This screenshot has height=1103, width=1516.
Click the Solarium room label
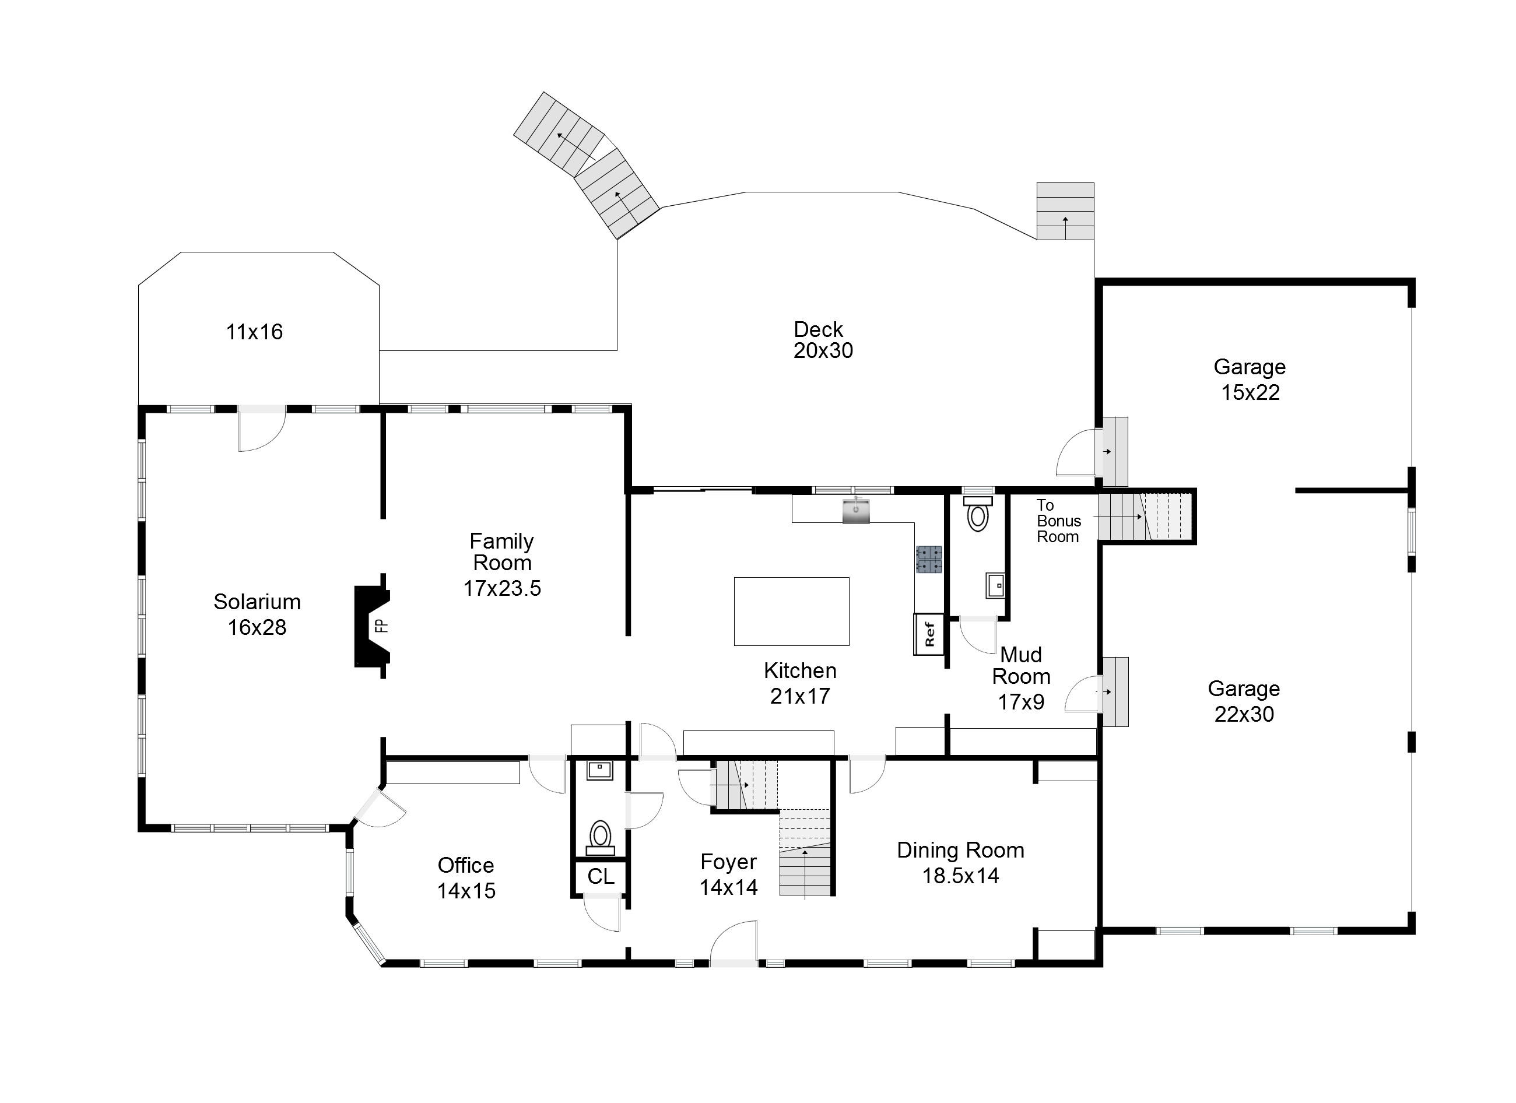click(x=257, y=602)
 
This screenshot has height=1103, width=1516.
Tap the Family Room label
click(x=502, y=551)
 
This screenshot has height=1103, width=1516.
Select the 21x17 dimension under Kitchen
click(x=800, y=697)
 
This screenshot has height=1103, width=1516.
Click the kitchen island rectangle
click(x=791, y=611)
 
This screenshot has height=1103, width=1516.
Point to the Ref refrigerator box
click(x=929, y=634)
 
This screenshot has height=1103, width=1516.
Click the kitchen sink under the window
click(x=857, y=511)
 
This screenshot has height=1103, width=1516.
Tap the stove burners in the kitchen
click(x=929, y=560)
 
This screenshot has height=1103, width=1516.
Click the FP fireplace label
click(x=380, y=626)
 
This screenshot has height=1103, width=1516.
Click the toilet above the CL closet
click(x=600, y=838)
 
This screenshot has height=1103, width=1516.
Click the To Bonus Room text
click(x=1059, y=521)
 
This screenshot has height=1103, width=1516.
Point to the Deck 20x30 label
click(x=823, y=340)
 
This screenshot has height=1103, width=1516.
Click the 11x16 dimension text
click(x=254, y=332)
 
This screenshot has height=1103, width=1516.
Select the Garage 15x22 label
click(x=1250, y=379)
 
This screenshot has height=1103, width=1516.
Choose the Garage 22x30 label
click(x=1244, y=701)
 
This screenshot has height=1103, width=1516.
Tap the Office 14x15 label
click(x=466, y=878)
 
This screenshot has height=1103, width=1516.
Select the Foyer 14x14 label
click(x=729, y=874)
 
